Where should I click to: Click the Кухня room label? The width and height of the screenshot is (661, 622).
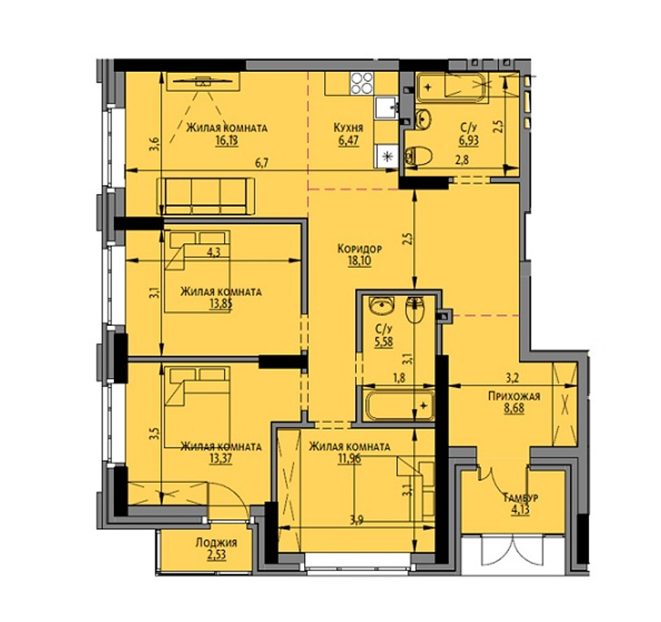coord(348,128)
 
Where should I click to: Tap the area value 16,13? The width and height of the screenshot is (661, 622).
coord(226,141)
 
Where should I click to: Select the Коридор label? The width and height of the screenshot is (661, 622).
coord(359,249)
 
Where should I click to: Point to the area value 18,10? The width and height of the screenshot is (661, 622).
coord(359,261)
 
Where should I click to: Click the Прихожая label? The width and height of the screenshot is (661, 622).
coord(514,396)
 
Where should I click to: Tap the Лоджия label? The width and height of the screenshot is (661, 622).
coord(216,543)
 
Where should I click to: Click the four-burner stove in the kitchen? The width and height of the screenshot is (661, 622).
coord(362,84)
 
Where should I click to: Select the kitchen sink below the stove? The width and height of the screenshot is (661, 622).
coord(386,108)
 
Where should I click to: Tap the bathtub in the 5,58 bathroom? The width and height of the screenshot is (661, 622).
coord(399,406)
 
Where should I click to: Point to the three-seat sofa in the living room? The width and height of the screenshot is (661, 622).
coord(206,196)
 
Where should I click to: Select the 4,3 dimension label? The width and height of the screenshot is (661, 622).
coord(214,252)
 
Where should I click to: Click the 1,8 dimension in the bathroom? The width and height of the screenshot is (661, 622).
coord(399,378)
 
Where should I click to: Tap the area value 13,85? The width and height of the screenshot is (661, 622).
coord(221,304)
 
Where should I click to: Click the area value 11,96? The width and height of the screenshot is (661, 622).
coord(350,459)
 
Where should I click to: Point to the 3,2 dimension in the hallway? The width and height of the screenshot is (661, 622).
coord(511,378)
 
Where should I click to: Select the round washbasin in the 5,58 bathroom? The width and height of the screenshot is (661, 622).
coord(381,305)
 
